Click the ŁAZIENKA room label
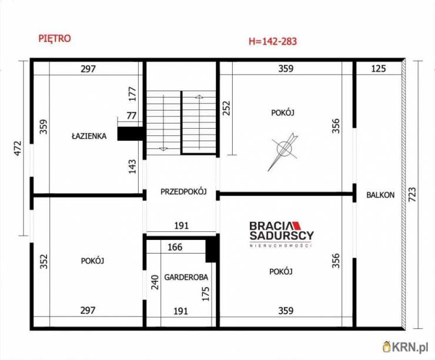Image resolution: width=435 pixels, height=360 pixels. [x=89, y=136]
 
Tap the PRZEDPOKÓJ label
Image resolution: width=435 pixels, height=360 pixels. [x=183, y=192]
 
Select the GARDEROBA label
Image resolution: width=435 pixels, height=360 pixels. [x=186, y=277]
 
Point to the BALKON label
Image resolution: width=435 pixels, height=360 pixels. [x=380, y=195]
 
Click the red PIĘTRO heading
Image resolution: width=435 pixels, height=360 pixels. [x=55, y=38]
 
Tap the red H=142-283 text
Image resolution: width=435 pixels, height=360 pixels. [x=273, y=41]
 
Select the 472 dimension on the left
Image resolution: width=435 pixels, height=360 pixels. [x=18, y=148]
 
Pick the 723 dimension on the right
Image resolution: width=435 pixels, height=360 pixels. [x=413, y=195]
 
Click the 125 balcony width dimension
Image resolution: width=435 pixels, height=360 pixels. [x=379, y=69]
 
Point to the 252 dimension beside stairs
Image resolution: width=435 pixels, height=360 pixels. [x=227, y=108]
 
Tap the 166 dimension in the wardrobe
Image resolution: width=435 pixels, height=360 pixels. [x=175, y=247]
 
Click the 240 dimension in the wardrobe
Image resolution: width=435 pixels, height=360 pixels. [x=155, y=282]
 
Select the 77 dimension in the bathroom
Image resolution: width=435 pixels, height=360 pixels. [x=132, y=115]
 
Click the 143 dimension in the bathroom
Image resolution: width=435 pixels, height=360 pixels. [x=133, y=166]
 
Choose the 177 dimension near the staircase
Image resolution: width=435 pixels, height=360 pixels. [x=133, y=94]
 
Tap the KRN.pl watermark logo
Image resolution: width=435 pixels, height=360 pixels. [x=405, y=346]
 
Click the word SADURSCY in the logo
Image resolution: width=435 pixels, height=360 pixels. [x=282, y=235]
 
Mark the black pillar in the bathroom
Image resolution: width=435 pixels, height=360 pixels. [x=130, y=134]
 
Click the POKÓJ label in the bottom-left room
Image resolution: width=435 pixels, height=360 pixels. [x=92, y=261]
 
